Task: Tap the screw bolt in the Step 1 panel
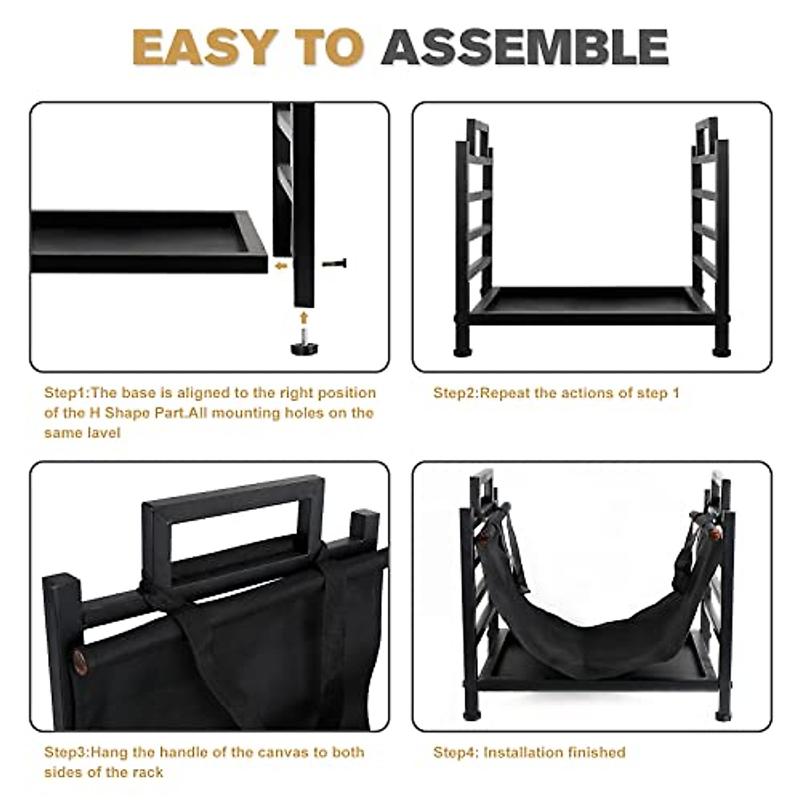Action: tap(334, 264)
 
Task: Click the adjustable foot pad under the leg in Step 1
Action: tap(304, 346)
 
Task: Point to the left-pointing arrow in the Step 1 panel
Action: tap(281, 266)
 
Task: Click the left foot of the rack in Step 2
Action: tap(461, 349)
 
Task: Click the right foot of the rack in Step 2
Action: tap(722, 349)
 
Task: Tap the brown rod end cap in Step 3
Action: tap(79, 661)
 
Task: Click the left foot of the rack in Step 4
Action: tap(471, 714)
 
